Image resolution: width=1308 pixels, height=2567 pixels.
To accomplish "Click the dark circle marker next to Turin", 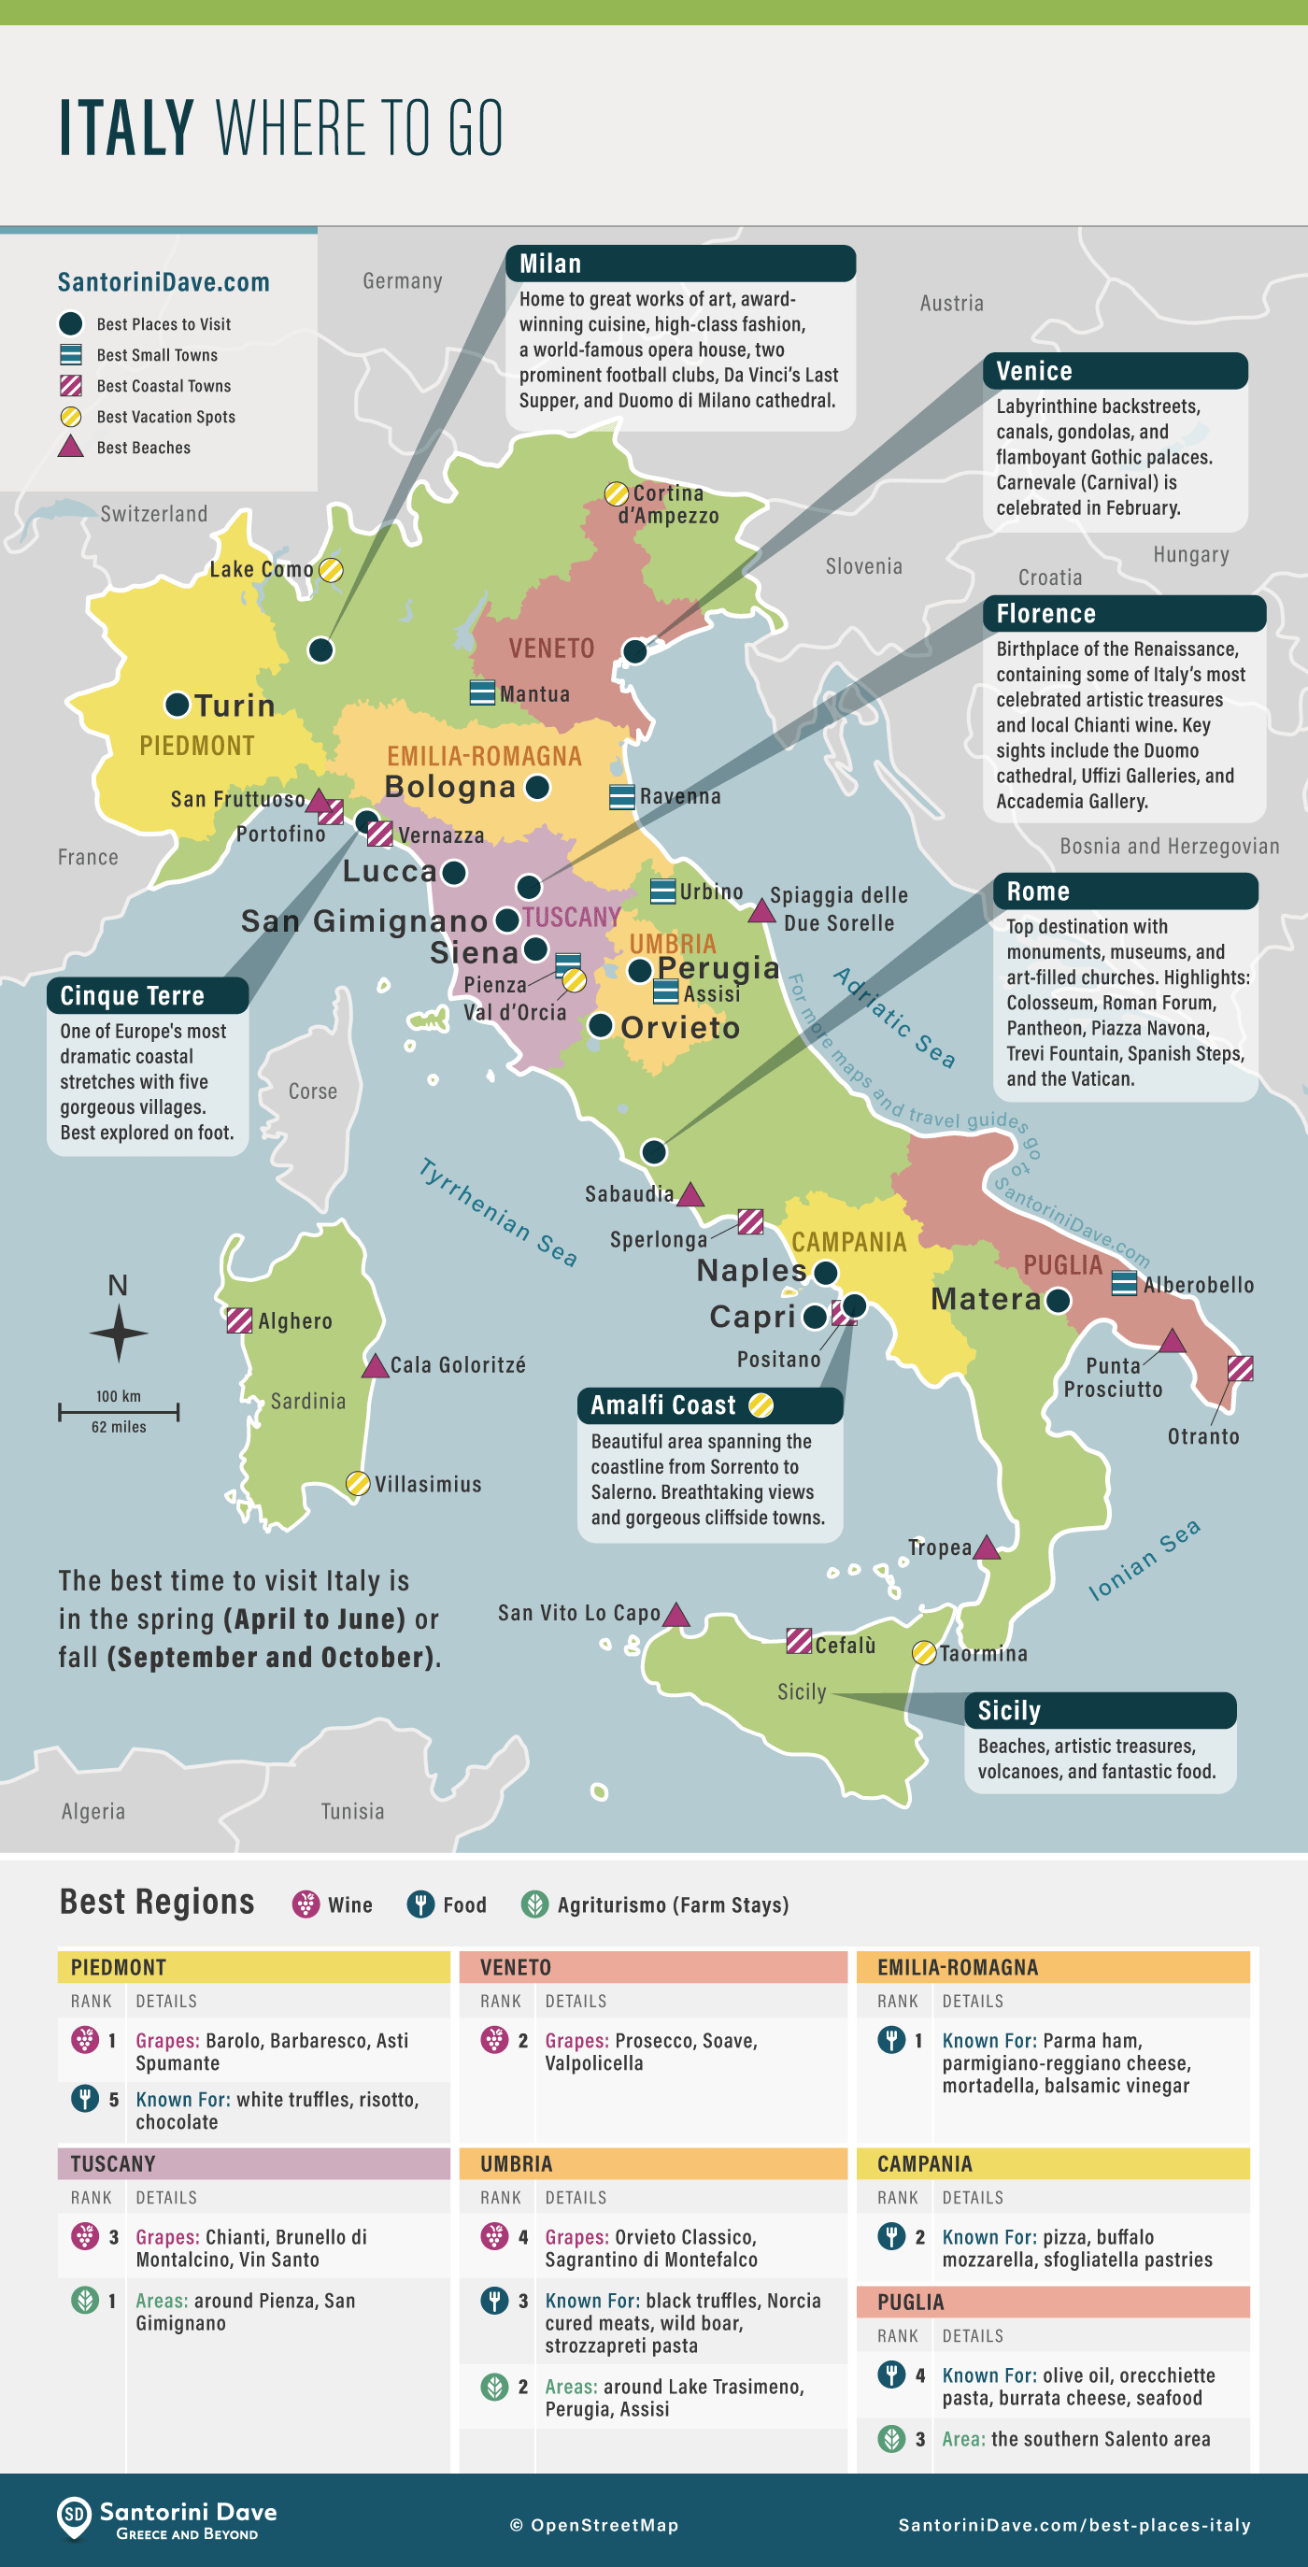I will (x=178, y=705).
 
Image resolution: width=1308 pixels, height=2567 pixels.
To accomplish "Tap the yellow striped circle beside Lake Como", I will (x=331, y=570).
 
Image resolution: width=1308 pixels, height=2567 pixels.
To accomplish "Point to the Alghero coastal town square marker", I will (x=239, y=1320).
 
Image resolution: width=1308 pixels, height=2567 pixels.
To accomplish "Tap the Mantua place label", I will (x=534, y=693).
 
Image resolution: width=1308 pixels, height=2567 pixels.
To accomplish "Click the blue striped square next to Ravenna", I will (x=621, y=796).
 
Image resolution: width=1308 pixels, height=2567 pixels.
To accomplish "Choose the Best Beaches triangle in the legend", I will (x=71, y=447).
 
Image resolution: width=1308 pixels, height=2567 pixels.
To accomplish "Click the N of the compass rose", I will (x=118, y=1286).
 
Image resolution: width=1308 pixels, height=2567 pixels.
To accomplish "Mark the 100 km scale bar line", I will (x=119, y=1411).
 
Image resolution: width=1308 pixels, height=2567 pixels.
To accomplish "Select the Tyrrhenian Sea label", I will (x=497, y=1212).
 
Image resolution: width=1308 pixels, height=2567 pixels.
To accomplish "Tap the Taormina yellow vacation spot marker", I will (x=923, y=1653).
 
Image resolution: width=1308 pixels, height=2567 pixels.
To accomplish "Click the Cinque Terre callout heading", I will (x=132, y=995).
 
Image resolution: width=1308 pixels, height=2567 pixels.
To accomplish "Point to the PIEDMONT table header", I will (x=119, y=1967).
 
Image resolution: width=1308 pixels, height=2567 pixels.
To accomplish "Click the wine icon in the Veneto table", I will (x=494, y=2040).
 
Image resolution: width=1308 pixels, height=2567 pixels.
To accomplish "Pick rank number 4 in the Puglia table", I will (x=919, y=2375).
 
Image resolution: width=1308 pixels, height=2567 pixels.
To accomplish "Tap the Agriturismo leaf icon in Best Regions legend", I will (x=535, y=1904).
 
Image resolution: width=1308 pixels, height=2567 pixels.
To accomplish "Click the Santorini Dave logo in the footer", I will (x=75, y=2518).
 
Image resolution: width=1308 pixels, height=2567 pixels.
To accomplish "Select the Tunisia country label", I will (x=351, y=1811).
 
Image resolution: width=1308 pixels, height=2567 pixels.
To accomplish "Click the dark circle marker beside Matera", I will (x=1058, y=1301).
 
